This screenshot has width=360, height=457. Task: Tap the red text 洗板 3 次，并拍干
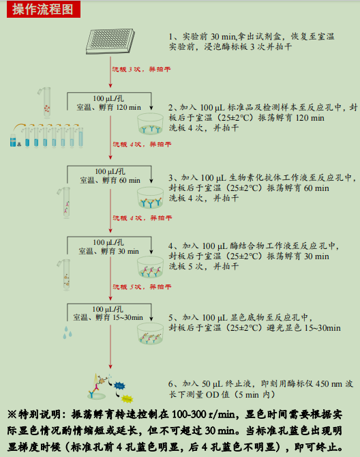click(x=140, y=69)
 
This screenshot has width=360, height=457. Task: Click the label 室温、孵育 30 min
click(x=110, y=251)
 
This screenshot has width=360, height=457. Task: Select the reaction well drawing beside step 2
click(x=155, y=122)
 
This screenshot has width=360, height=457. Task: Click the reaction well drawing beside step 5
click(x=155, y=333)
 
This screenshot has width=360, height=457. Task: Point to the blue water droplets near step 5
click(x=66, y=332)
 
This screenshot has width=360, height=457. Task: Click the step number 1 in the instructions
click(x=172, y=36)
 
